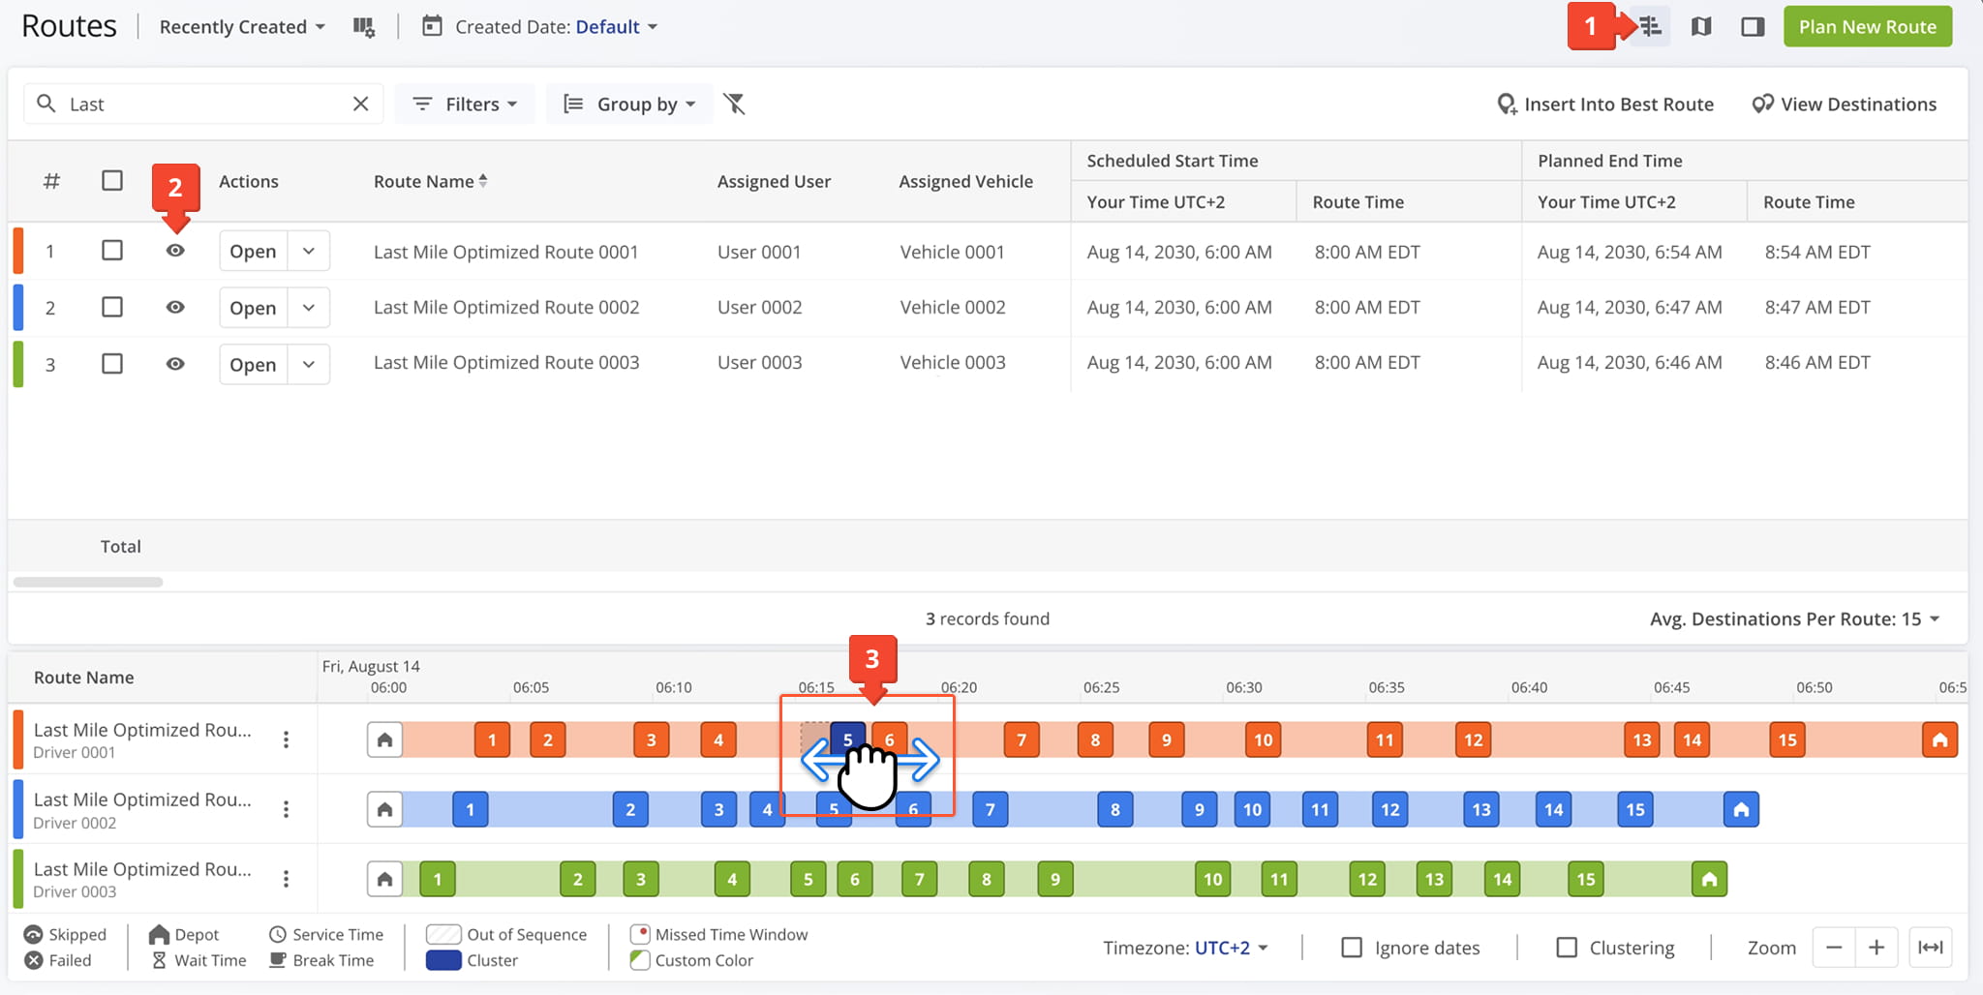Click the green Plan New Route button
click(x=1868, y=27)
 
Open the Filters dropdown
click(x=466, y=104)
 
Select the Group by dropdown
click(x=630, y=104)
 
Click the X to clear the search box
click(x=360, y=104)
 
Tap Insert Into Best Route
click(x=1605, y=105)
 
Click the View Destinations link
click(x=1845, y=105)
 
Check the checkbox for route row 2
click(x=112, y=307)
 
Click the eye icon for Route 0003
click(x=175, y=364)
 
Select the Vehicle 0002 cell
click(x=953, y=307)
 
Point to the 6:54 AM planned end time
click(x=1630, y=252)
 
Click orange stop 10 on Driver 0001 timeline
click(x=1264, y=740)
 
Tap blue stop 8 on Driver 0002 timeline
click(x=1115, y=809)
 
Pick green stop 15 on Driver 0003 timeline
click(x=1586, y=879)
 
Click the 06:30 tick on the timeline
click(x=1244, y=687)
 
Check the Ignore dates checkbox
click(x=1352, y=948)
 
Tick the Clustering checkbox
click(x=1567, y=948)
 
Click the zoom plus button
click(x=1876, y=948)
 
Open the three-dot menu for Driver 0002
click(x=286, y=809)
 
